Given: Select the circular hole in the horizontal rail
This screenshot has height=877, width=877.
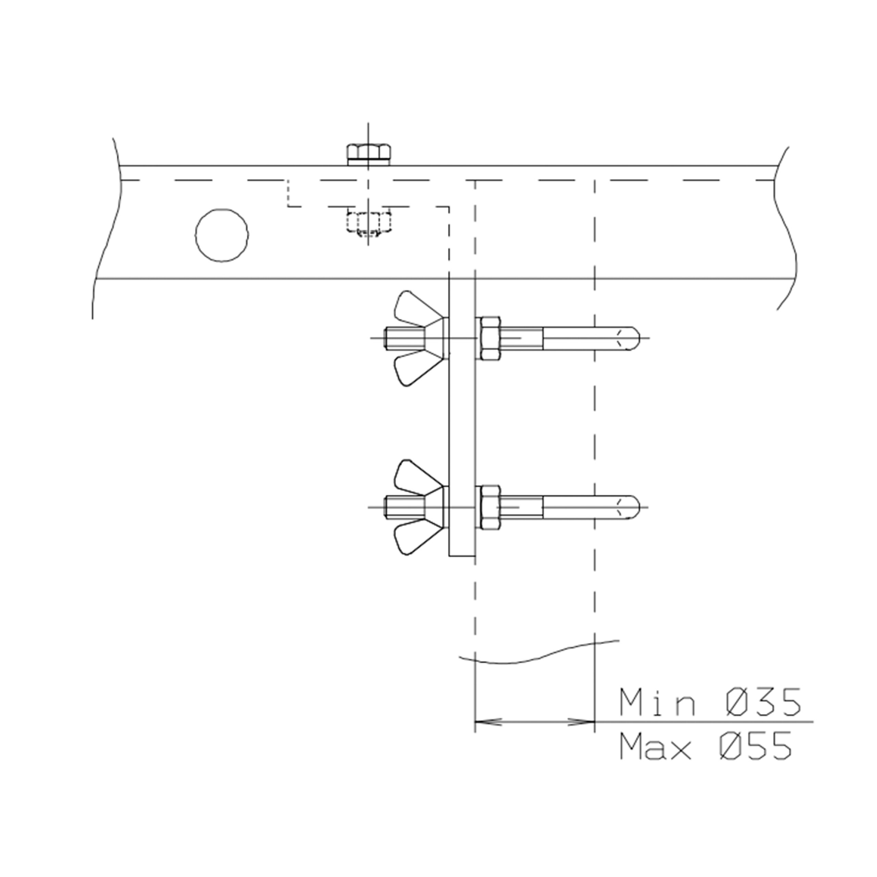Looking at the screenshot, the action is pyautogui.click(x=222, y=235).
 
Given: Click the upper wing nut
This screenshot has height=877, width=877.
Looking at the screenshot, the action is pyautogui.click(x=420, y=338).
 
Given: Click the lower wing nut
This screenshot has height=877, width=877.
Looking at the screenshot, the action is pyautogui.click(x=420, y=507).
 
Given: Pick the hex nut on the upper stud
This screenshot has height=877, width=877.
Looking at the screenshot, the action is pyautogui.click(x=490, y=338).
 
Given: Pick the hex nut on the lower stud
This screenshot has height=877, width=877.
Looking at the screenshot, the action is pyautogui.click(x=490, y=507).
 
